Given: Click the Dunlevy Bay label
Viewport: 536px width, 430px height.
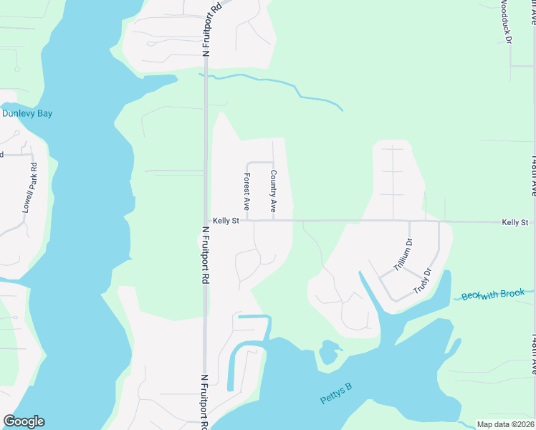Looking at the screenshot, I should (27, 113).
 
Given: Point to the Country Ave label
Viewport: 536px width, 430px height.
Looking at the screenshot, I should (272, 191).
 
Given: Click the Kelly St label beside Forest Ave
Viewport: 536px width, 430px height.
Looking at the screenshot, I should (225, 221).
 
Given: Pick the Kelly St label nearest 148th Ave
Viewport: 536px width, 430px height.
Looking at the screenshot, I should (515, 223).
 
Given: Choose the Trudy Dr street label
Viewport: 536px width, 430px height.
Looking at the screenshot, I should (423, 282).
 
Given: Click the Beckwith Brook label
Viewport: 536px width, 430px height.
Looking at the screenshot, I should (493, 294).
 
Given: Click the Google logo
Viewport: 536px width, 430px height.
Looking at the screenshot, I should (24, 421).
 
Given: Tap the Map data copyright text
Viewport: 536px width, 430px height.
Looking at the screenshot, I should (505, 424).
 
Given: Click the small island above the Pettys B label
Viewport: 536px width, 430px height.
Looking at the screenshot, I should (329, 353).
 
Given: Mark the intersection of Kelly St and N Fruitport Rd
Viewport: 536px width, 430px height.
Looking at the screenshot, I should (206, 221).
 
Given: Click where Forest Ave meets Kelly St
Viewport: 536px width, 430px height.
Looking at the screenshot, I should (247, 221).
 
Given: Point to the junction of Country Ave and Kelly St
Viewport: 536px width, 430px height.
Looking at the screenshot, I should (273, 221).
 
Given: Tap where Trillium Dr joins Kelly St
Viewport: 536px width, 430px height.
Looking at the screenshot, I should (410, 221).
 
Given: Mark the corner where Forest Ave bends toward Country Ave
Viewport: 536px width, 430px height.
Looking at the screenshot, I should (248, 163).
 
